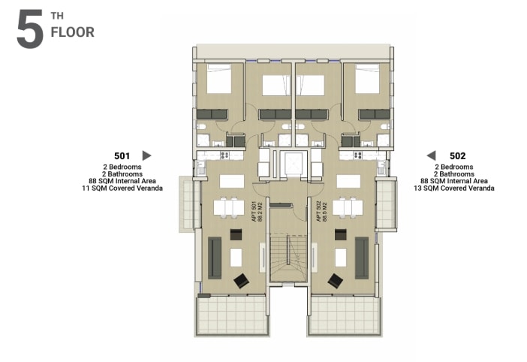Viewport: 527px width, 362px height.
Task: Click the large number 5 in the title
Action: [29, 31]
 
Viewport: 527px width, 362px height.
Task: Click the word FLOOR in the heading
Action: [72, 32]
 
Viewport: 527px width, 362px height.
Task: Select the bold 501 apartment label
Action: [122, 155]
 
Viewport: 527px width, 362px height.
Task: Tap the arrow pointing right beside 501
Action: [146, 155]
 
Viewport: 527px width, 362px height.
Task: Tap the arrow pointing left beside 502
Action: [432, 155]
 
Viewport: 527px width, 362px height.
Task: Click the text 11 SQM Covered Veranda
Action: [123, 189]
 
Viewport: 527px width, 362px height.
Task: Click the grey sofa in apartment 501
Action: [215, 258]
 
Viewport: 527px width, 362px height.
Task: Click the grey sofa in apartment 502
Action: [362, 258]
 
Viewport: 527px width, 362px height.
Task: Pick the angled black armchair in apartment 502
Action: [335, 281]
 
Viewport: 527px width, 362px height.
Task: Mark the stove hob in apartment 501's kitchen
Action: [209, 155]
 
